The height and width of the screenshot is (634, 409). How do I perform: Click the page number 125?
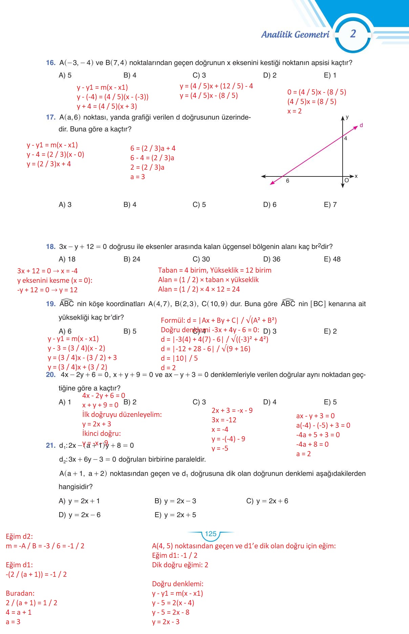point(210,534)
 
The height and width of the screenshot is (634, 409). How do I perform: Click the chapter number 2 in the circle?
point(353,34)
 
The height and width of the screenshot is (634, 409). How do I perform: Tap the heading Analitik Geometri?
point(295,35)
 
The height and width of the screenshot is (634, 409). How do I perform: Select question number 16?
point(50,63)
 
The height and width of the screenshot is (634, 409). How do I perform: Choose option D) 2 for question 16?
point(270,75)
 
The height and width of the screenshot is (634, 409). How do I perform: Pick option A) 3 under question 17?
point(65,205)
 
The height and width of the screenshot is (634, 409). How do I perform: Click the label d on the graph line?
point(361,125)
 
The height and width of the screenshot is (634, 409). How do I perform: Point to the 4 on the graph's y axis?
point(346,138)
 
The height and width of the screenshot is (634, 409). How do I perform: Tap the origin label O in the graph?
point(347,181)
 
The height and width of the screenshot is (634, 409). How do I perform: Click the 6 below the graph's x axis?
point(287,181)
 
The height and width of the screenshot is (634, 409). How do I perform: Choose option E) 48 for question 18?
point(332,259)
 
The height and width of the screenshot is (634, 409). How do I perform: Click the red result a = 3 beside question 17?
point(137,177)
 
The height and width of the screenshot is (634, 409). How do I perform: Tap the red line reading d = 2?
point(168,368)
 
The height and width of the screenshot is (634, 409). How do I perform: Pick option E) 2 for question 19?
point(330,331)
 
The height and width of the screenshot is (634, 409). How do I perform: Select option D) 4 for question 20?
point(270,402)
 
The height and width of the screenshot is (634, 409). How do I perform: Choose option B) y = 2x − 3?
point(175,501)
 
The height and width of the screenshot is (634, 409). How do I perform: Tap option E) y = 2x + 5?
point(175,515)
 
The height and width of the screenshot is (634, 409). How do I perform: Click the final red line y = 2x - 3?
point(166,621)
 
